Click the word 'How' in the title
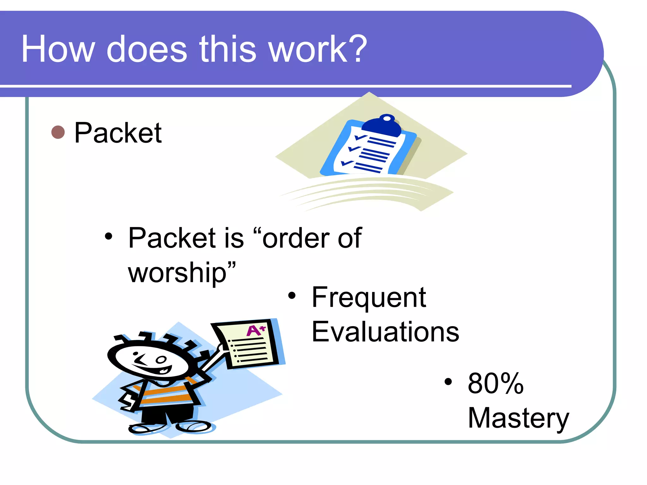point(58,49)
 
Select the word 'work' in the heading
point(308,49)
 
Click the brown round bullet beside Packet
point(58,132)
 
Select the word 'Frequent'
point(369,297)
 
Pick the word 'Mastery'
point(518,418)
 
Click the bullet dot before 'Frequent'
point(292,296)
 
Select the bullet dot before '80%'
point(448,382)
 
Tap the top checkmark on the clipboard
point(360,137)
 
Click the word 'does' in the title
point(147,49)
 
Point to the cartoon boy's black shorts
point(167,414)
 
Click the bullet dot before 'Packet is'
point(108,237)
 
